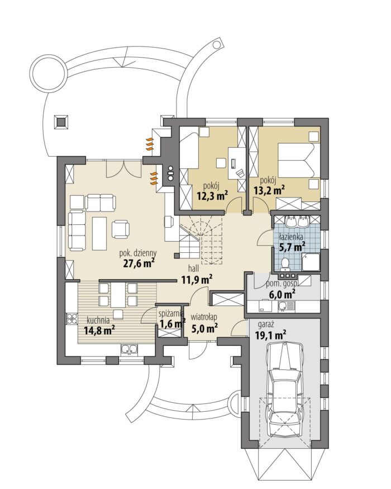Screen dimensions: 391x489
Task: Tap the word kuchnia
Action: [x=98, y=319]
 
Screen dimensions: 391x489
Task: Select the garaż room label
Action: [x=265, y=325]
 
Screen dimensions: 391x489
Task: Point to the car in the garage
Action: [x=287, y=389]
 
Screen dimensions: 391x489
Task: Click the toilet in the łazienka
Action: [x=285, y=264]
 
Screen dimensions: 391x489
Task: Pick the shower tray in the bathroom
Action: [x=311, y=262]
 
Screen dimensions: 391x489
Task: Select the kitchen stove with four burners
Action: [x=72, y=319]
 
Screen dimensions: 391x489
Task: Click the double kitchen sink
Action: [x=129, y=349]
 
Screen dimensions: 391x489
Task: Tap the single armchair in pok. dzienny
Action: [x=120, y=228]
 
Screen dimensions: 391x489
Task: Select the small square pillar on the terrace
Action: [x=60, y=121]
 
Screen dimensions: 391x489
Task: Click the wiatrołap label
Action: [x=204, y=317]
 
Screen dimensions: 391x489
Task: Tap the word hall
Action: [x=194, y=268]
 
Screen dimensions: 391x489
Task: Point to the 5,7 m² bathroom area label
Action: [x=292, y=247]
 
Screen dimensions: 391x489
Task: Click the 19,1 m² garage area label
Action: [x=270, y=335]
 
